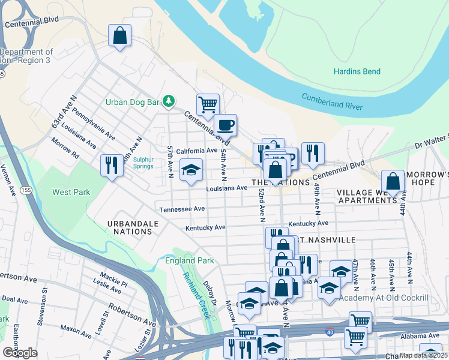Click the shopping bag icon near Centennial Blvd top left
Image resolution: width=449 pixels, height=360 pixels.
(x=119, y=35)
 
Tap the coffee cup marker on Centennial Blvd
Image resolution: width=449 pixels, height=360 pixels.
(x=225, y=125)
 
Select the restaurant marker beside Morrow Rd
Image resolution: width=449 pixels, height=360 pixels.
(x=112, y=166)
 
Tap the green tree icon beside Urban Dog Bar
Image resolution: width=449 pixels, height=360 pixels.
(x=170, y=101)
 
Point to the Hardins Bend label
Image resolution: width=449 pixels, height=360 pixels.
(x=357, y=72)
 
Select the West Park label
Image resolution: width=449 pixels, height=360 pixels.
(x=71, y=192)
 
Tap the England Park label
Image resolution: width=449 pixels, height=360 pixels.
(x=189, y=261)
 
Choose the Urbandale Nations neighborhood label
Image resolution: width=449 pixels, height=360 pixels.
(x=133, y=227)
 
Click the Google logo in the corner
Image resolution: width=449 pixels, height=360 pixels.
(x=20, y=353)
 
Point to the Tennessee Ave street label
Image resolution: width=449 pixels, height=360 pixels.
(x=182, y=209)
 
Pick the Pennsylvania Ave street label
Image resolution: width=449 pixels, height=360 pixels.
(x=94, y=124)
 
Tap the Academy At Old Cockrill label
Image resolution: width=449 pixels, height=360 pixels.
(x=384, y=298)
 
